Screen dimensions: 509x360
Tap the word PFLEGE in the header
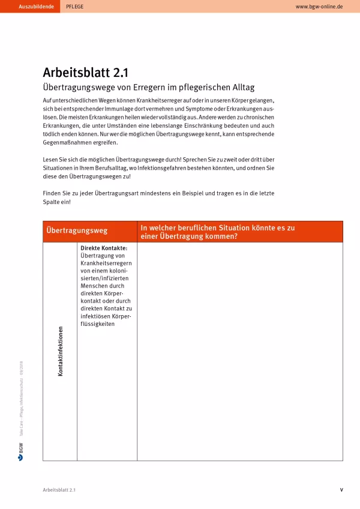point(75,6)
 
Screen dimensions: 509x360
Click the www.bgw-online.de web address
point(319,6)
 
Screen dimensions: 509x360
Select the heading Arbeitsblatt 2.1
point(86,73)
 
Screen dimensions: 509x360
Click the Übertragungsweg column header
point(77,231)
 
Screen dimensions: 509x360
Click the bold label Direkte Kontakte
point(104,247)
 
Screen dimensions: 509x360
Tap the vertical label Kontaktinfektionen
point(60,351)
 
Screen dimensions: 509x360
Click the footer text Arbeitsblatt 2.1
point(59,490)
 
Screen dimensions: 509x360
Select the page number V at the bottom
point(341,490)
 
